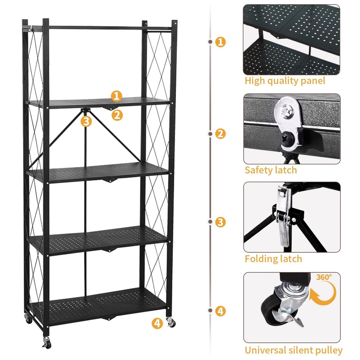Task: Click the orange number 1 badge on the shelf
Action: point(117,96)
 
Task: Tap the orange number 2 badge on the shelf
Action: point(117,115)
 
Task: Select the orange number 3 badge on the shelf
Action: point(86,121)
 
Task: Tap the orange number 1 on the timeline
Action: point(220,42)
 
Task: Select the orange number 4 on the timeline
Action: point(220,311)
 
